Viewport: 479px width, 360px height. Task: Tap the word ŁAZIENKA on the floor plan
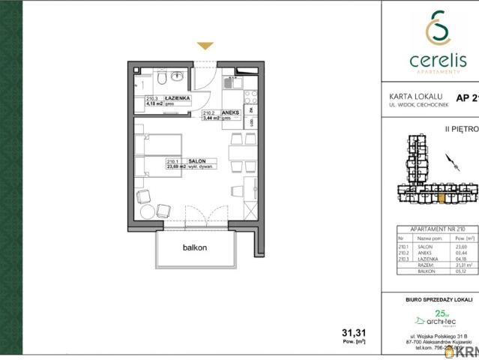178,97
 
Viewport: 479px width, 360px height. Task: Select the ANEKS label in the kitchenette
230,111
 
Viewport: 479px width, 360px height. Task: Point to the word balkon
194,247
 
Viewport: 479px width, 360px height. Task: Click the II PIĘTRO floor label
462,128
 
